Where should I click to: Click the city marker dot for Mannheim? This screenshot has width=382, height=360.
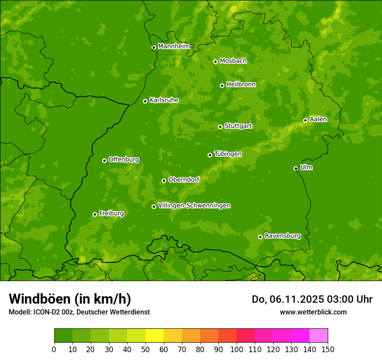154,48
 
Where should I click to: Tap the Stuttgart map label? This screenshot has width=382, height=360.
238,126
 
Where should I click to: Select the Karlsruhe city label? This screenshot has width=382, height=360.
164,100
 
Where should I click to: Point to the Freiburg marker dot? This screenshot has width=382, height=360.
95,214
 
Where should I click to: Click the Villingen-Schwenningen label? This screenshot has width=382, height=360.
194,206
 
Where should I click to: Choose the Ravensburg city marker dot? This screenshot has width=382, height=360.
260,237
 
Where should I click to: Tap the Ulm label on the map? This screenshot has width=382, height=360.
306,167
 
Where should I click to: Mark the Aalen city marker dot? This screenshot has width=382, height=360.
305,120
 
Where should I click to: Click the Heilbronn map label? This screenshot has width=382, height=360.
241,85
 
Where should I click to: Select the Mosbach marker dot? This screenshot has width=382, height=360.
215,62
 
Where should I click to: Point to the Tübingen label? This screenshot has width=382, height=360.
228,154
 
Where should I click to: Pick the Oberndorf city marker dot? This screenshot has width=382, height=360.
164,180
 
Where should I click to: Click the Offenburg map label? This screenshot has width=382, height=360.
124,160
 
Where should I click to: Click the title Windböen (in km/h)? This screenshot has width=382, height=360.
70,299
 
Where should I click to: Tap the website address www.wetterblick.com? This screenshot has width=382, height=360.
313,312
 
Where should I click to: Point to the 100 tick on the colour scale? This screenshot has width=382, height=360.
237,349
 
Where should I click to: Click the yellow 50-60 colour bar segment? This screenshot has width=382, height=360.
155,336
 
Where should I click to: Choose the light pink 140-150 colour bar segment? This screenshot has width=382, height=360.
319,336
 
